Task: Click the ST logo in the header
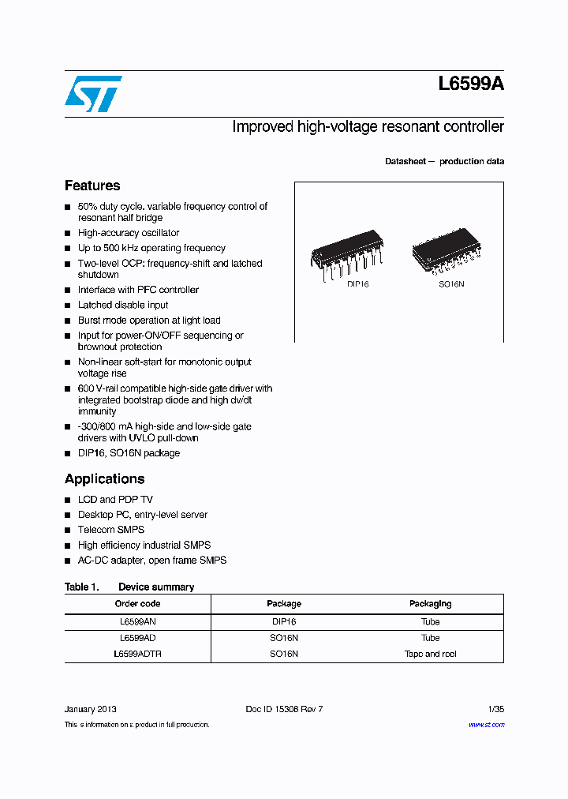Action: pos(93,94)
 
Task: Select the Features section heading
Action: pos(92,186)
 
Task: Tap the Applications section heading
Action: pos(104,478)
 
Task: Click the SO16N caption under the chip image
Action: pos(451,283)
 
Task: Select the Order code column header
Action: pos(137,604)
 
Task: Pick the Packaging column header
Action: pos(430,604)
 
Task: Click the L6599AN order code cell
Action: pos(137,621)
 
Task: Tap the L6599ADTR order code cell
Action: pos(137,654)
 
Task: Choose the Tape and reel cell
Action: pos(430,654)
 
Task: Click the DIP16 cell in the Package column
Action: pos(284,621)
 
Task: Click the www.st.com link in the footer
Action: pos(486,725)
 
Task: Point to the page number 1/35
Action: pos(495,709)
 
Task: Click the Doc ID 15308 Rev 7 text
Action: pos(284,709)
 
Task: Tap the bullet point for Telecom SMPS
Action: pos(68,531)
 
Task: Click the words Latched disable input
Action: pos(123,305)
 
